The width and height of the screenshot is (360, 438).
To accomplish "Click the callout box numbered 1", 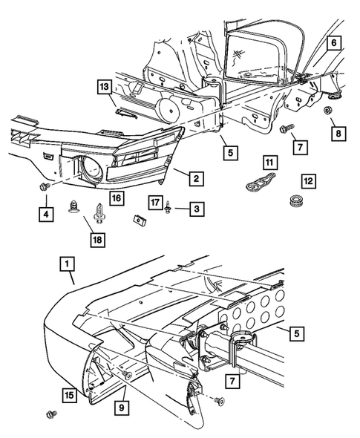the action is tap(67, 264).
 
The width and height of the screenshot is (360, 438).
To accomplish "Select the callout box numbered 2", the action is tap(197, 178).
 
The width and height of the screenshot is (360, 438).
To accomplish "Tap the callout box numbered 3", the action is tap(197, 209).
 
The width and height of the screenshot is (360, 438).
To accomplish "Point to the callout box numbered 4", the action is tap(46, 215).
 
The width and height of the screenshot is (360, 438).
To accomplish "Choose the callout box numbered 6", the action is tap(334, 43).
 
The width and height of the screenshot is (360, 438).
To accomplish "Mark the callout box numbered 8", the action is tap(338, 134).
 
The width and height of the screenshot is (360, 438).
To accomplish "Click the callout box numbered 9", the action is tap(122, 408).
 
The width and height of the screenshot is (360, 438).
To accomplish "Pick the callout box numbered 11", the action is tap(269, 163).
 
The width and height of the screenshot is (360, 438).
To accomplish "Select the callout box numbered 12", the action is tap(309, 181).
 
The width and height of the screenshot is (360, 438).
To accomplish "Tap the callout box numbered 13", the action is tap(105, 87).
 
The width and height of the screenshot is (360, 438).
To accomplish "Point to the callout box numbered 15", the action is tap(69, 395).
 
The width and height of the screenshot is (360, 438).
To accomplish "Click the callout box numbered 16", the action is tap(117, 198).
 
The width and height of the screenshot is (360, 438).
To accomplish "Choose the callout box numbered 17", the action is tap(155, 202).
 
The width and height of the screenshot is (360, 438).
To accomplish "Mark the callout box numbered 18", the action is tap(98, 240).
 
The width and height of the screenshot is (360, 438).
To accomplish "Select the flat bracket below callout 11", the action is tap(261, 181).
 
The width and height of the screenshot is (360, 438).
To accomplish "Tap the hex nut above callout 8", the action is tap(327, 110).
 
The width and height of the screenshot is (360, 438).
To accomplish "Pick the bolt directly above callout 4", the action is tap(45, 186).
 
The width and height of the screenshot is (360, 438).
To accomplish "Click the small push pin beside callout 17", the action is tap(168, 207).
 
